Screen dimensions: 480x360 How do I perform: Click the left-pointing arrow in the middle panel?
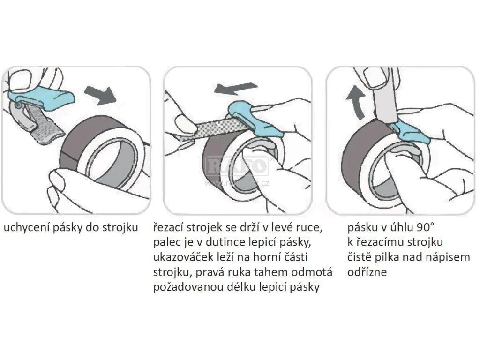pos(236,89)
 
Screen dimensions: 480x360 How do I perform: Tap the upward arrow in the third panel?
pos(356,102)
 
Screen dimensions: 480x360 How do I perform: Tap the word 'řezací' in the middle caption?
pos(168,227)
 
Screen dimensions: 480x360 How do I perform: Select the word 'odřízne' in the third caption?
pos(367,272)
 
